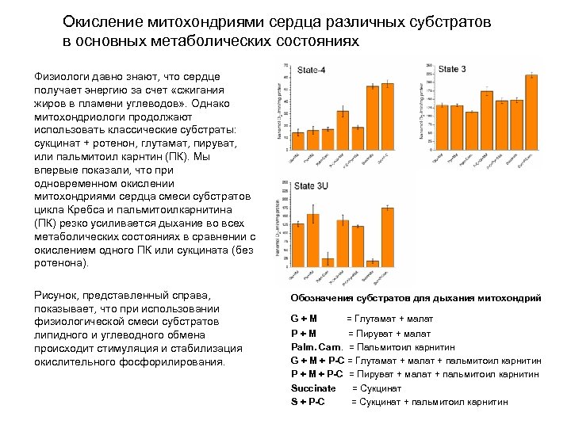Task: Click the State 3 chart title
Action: point(452,70)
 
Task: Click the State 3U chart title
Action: point(312,187)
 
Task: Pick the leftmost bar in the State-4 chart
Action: point(298,140)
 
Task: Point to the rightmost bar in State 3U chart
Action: point(388,238)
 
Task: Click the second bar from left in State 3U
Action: point(312,241)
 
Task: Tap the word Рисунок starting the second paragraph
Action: point(58,294)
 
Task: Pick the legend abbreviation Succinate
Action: point(313,388)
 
